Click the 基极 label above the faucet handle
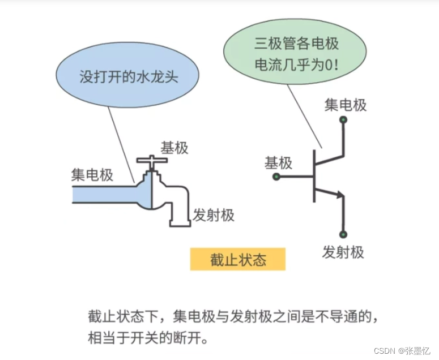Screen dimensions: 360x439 [x=174, y=148]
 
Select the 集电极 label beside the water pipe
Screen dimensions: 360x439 [x=92, y=174]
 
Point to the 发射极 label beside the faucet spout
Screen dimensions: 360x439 [x=214, y=215]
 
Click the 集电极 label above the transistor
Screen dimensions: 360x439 [x=345, y=105]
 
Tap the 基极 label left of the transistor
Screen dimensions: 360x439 [x=278, y=163]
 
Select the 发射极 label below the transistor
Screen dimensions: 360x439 [x=343, y=252]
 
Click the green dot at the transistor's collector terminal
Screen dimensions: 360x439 [x=343, y=119]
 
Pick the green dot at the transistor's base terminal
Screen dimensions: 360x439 [x=276, y=177]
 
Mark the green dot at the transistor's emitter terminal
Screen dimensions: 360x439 [x=343, y=234]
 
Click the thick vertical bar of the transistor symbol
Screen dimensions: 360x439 [x=314, y=176]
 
